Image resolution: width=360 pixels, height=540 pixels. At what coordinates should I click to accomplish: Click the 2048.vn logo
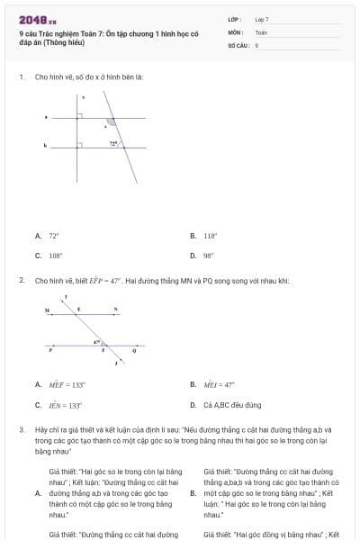coord(38,19)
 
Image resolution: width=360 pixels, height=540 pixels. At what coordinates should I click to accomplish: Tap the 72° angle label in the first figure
coord(113,143)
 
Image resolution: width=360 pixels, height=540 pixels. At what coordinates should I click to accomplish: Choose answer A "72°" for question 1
coord(53,236)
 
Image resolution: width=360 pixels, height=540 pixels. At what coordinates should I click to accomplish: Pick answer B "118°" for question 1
coord(211,236)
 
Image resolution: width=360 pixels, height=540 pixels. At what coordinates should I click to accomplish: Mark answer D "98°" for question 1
coord(208,256)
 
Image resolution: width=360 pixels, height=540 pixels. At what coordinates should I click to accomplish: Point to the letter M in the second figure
coord(48,310)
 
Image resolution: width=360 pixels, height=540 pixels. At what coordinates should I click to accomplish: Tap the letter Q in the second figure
coord(134,350)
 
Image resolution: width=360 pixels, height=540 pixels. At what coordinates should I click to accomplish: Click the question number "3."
coord(22,430)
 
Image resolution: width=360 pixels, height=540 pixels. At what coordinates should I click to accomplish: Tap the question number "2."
coord(22,281)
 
